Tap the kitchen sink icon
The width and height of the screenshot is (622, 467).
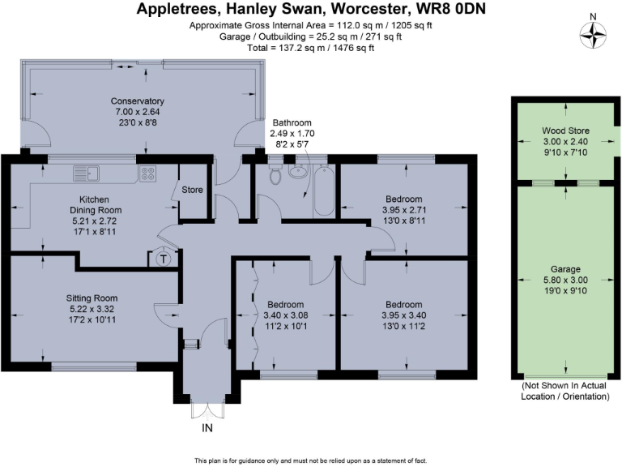click(85, 173)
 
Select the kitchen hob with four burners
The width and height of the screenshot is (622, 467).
click(147, 173)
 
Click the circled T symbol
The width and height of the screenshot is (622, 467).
click(163, 259)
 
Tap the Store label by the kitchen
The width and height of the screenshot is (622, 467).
click(191, 191)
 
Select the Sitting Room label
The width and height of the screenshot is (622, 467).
click(93, 298)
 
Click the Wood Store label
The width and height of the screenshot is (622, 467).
click(565, 131)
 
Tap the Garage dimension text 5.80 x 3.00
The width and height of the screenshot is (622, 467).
click(565, 280)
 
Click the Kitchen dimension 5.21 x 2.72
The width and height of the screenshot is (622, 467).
click(94, 220)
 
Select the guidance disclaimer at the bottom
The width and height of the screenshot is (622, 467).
click(311, 461)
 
